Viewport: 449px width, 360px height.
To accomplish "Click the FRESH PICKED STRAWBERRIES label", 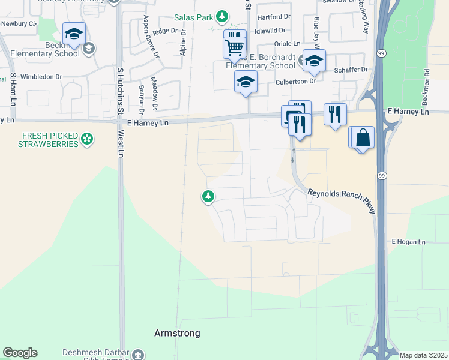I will click(x=48, y=140).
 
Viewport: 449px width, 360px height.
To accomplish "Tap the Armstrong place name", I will click(x=177, y=333).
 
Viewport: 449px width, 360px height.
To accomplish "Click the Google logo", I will click(x=20, y=353).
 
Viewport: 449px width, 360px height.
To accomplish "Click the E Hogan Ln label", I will click(x=408, y=242).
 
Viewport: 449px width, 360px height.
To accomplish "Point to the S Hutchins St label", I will click(x=120, y=91).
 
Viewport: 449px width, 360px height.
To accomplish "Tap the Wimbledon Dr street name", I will click(x=41, y=77).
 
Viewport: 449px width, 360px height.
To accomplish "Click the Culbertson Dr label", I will click(x=296, y=82).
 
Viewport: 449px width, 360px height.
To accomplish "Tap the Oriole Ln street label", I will click(x=286, y=44).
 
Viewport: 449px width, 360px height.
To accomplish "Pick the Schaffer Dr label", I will click(x=351, y=70).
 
